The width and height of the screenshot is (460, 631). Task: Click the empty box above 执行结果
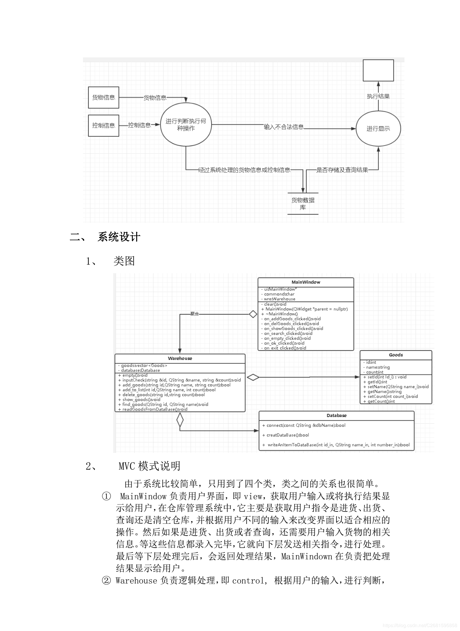(x=378, y=70)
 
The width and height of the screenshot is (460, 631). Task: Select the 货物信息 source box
(x=104, y=98)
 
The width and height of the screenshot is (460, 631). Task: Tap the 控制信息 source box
(x=104, y=125)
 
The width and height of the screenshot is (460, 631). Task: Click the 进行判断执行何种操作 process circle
(x=186, y=124)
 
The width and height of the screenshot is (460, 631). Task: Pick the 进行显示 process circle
(x=378, y=129)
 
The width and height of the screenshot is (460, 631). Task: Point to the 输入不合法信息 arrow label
(x=283, y=127)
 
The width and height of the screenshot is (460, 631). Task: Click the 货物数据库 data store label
(x=303, y=203)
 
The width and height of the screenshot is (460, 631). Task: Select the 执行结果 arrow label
(x=378, y=96)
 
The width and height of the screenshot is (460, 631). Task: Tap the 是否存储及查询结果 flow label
(x=342, y=170)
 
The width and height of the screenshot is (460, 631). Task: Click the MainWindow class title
(x=306, y=282)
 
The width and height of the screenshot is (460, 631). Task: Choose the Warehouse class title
(x=180, y=358)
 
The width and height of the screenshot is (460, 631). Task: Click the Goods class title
(x=396, y=355)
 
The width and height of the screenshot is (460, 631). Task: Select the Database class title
(x=336, y=415)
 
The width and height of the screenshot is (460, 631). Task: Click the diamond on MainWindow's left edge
(x=253, y=314)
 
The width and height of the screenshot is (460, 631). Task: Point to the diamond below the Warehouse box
(x=180, y=419)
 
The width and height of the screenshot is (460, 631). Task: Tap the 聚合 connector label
(x=195, y=314)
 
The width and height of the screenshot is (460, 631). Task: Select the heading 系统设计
(x=119, y=237)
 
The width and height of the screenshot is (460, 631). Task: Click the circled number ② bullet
(x=106, y=580)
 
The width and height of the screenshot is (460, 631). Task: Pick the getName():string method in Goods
(x=384, y=392)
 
